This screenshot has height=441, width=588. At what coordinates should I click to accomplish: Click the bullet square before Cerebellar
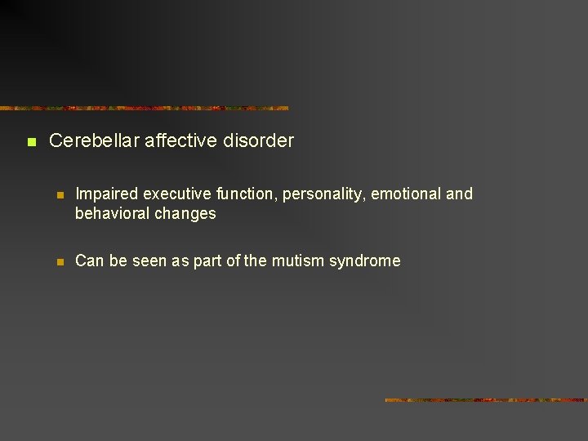pyautogui.click(x=31, y=142)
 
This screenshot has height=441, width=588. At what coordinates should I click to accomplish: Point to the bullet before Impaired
pyautogui.click(x=60, y=195)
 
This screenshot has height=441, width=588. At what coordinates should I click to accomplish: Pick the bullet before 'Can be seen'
pyautogui.click(x=60, y=262)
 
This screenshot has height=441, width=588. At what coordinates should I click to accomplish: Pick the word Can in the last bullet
pyautogui.click(x=88, y=261)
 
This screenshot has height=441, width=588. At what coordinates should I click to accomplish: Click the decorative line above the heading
pyautogui.click(x=145, y=108)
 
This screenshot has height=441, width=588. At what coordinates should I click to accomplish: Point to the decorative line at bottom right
pyautogui.click(x=486, y=400)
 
